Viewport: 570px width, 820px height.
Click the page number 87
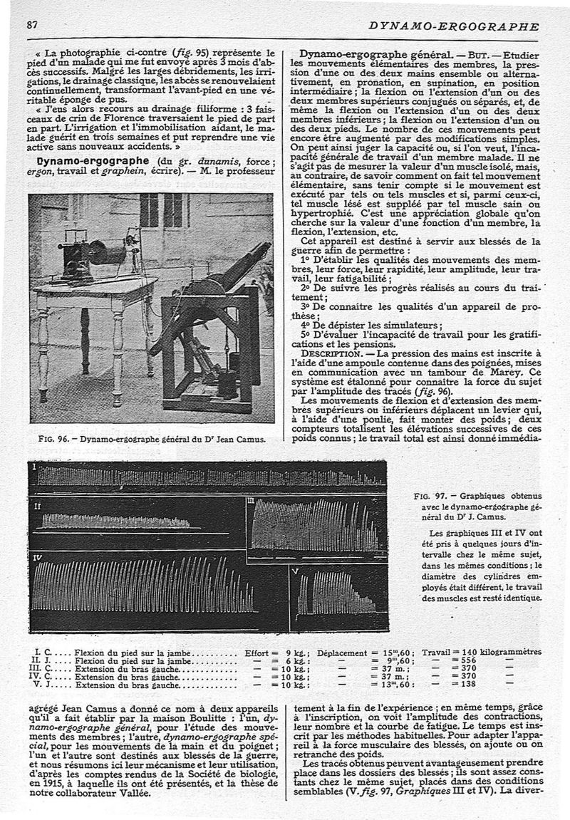(31, 24)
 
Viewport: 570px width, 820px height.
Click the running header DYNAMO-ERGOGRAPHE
(454, 26)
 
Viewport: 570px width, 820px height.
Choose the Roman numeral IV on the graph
(37, 556)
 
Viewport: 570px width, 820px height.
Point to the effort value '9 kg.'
(295, 652)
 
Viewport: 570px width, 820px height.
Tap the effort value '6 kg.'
(295, 661)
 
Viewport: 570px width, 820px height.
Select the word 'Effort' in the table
(256, 652)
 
